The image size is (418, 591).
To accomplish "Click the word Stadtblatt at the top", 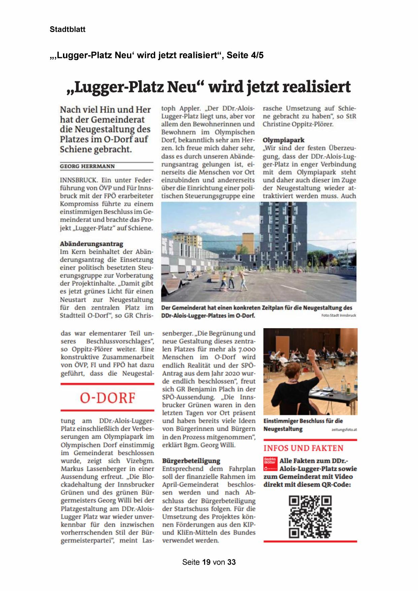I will pos(67,29).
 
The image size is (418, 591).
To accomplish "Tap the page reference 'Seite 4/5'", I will pos(245,55).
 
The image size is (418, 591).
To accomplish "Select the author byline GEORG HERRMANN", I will pos(87,166).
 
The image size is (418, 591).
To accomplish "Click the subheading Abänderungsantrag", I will pos(92,244).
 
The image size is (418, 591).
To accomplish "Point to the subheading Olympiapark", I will pos(284,140).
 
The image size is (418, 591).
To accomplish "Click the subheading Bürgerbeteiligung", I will pos(191,461).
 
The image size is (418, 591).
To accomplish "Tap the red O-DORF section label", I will pos(107,398).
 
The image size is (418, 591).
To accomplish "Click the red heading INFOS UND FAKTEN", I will pos(303,448).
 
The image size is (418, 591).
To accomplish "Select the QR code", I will pos(310,517).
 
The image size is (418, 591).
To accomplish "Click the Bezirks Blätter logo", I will pos(270,464).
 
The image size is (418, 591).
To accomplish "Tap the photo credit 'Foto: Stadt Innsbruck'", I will pos(339,315).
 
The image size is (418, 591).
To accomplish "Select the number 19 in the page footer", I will pos(206,562).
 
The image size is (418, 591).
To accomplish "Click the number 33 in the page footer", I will pos(231,562).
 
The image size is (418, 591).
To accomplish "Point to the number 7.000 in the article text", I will pos(245,349).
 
